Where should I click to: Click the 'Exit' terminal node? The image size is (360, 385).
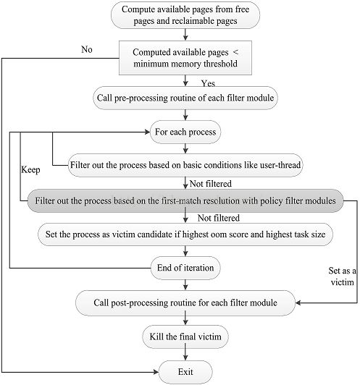click(185, 372)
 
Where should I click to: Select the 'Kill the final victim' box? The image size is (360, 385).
click(185, 337)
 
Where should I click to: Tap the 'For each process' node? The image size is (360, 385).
click(185, 132)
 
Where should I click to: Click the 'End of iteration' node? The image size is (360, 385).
click(185, 268)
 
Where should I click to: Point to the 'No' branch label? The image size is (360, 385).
click(87, 50)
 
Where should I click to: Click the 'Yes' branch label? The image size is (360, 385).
click(208, 83)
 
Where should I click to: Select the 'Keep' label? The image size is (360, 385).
click(30, 170)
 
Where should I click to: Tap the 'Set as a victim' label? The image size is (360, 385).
click(342, 276)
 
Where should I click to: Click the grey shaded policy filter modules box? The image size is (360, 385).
click(185, 201)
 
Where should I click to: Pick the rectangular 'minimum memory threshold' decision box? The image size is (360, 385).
click(185, 58)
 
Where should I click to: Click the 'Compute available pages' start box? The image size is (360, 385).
click(185, 15)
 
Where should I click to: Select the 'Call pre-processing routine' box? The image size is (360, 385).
click(185, 98)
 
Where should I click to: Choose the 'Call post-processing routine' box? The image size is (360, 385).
click(185, 302)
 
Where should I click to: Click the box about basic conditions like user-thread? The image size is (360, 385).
click(185, 165)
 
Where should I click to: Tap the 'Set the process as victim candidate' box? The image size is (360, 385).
click(185, 234)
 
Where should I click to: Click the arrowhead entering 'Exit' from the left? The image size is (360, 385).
click(156, 372)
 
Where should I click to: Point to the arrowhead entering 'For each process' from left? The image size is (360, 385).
click(147, 132)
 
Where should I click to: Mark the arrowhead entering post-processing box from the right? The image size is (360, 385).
click(298, 302)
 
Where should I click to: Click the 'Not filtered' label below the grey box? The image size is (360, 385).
click(219, 218)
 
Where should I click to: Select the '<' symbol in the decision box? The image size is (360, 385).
click(235, 52)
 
